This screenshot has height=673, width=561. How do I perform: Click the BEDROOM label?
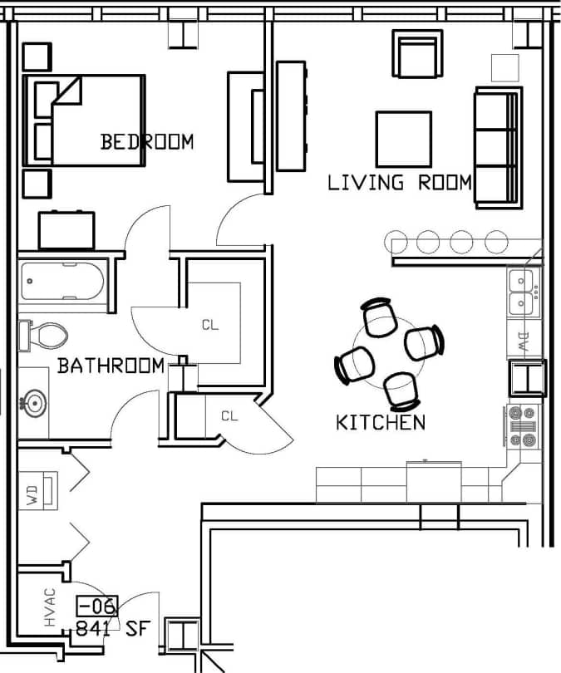coord(147,141)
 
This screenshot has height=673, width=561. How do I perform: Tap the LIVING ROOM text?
coord(400,183)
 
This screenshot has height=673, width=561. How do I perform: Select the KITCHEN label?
coord(381,422)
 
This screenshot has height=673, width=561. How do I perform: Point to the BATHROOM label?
coord(111,366)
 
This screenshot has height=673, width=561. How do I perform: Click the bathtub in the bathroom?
coord(62,282)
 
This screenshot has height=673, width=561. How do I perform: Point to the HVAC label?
coord(50,609)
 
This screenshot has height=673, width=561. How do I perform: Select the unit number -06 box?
coord(97,606)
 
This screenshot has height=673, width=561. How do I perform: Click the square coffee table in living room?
coord(403,139)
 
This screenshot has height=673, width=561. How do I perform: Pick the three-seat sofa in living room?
coord(498,147)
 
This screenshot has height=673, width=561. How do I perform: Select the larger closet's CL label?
coord(210,325)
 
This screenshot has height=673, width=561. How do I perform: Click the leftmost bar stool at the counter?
coord(397,242)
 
